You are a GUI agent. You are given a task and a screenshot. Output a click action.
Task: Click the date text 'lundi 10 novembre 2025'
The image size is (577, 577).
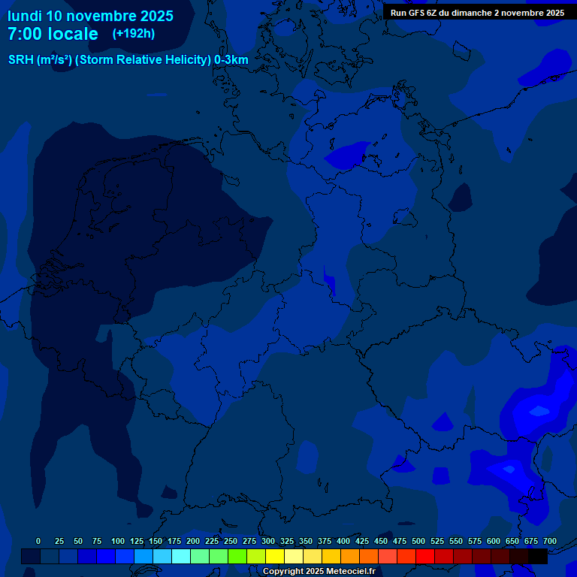(90, 16)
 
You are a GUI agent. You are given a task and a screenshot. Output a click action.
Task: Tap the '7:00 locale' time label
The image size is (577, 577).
(53, 35)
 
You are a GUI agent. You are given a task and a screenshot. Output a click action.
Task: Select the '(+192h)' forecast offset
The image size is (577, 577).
(133, 34)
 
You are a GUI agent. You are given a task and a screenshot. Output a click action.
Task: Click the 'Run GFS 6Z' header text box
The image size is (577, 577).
(477, 13)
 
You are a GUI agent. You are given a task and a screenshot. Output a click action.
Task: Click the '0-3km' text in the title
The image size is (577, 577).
(231, 60)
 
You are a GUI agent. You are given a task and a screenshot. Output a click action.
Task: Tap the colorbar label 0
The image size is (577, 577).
(38, 541)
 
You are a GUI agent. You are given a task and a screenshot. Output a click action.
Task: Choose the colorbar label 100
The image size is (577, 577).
(118, 541)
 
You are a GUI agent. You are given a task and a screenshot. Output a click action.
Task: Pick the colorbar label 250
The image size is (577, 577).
(231, 541)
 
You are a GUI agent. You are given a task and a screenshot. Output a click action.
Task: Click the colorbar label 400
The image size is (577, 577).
(343, 541)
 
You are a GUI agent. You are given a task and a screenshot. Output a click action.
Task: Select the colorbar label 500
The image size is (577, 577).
(418, 541)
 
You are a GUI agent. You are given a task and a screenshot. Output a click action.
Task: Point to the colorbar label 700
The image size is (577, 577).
(549, 541)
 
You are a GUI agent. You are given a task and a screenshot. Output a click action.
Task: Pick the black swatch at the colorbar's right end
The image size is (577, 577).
(538, 556)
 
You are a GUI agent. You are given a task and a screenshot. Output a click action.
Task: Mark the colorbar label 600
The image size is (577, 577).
(494, 541)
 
